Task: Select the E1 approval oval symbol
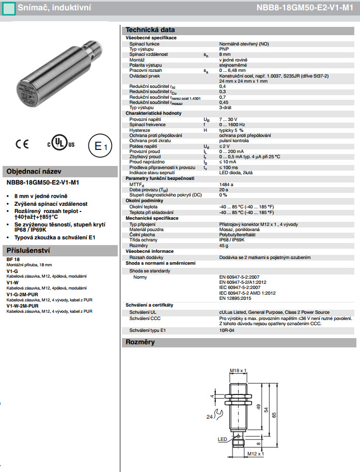[x=99, y=146]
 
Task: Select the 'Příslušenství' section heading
[x=28, y=250]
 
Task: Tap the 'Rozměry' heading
[x=140, y=342]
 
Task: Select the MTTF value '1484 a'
[x=226, y=184]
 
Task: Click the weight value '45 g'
[x=224, y=246]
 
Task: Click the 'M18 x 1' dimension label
[x=238, y=371]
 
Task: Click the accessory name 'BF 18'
[x=13, y=259]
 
